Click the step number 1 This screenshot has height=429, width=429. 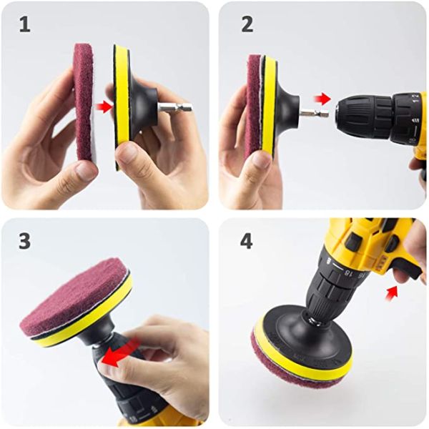25,24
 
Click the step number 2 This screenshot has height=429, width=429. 247,24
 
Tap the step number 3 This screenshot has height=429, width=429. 25,241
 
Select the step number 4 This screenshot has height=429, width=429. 247,241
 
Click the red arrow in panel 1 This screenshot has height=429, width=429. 104,107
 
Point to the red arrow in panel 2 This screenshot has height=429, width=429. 324,98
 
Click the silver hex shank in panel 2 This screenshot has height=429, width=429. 312,113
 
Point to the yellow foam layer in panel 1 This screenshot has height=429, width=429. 122,107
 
